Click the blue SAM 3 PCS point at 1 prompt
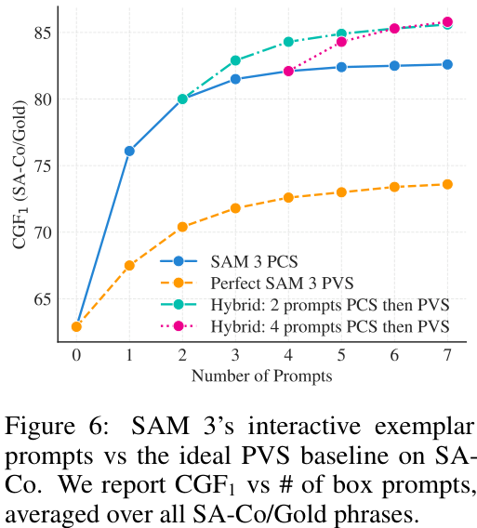pos(129,151)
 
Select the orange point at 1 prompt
pos(129,266)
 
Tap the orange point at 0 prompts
pos(76,326)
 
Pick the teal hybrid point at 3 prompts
pos(235,60)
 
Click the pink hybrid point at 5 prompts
pos(341,42)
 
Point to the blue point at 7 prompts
pos(447,65)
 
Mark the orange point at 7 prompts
pos(447,185)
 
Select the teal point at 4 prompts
pos(288,42)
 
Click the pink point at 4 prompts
pos(288,71)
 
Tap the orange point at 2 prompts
pos(182,227)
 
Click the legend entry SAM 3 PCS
pos(255,261)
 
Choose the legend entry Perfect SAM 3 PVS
pos(282,284)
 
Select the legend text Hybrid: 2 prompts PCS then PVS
pos(330,305)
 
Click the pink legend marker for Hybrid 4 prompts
pos(179,326)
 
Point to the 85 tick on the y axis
pos(43,33)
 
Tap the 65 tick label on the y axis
pos(43,299)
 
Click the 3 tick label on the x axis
pos(235,355)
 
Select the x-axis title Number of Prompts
pos(261,376)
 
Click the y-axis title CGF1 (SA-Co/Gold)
pos(20,175)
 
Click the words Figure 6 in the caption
pos(57,427)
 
